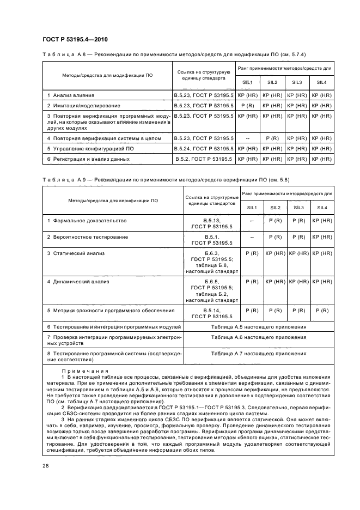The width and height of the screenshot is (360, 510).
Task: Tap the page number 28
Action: pyautogui.click(x=46, y=466)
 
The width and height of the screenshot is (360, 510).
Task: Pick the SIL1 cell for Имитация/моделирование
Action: pyautogui.click(x=247, y=105)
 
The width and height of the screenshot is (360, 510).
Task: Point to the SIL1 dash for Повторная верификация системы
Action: pyautogui.click(x=247, y=138)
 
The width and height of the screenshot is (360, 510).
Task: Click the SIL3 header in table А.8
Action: pyautogui.click(x=297, y=82)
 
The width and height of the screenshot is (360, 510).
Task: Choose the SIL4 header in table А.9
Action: pyautogui.click(x=322, y=208)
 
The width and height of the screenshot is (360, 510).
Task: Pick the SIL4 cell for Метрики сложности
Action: pyautogui.click(x=322, y=310)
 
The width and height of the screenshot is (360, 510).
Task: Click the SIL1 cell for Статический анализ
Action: pyautogui.click(x=252, y=253)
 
